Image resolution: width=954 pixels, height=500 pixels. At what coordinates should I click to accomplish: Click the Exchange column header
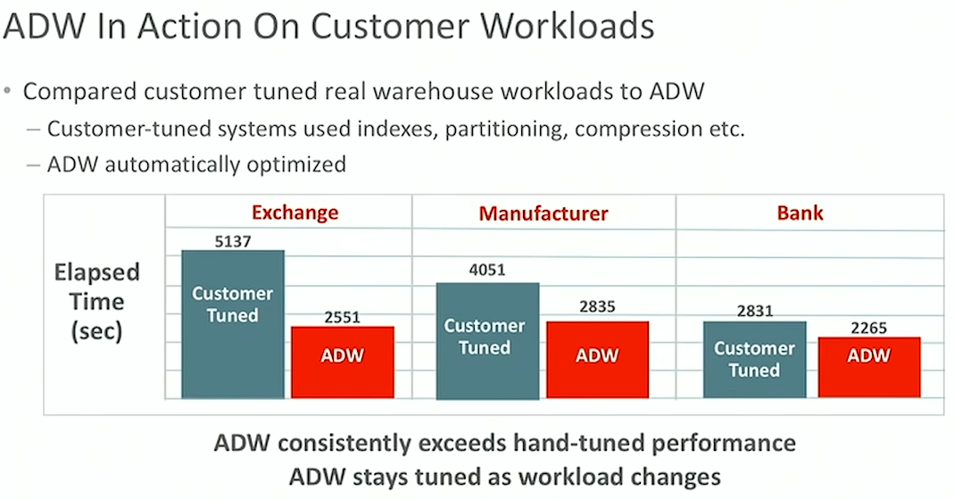click(x=295, y=212)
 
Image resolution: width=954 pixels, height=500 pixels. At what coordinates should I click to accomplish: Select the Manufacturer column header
click(x=543, y=213)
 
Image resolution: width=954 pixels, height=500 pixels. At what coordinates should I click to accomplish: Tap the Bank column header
click(x=801, y=212)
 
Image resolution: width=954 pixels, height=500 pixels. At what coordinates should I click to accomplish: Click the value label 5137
click(x=233, y=242)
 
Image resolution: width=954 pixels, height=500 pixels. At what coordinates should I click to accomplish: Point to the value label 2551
click(x=342, y=317)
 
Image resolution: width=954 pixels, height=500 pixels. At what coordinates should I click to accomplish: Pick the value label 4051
click(x=486, y=270)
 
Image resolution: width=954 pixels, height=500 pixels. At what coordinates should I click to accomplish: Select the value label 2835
click(x=597, y=306)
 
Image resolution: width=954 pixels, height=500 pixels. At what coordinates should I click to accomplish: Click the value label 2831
click(x=754, y=312)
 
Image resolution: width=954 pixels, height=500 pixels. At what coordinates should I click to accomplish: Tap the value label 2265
click(x=869, y=329)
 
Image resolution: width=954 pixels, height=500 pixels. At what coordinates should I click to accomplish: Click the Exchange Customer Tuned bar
click(x=233, y=325)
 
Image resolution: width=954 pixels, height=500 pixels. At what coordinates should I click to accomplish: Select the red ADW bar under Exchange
click(x=343, y=362)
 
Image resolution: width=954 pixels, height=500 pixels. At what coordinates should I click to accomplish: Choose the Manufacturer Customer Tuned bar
click(x=487, y=341)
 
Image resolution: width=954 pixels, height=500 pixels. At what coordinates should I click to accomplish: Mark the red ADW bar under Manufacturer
click(x=597, y=360)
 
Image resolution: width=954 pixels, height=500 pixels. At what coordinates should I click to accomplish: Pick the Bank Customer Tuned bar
click(x=754, y=360)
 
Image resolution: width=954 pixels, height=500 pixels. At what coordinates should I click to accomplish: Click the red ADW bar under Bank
click(x=869, y=367)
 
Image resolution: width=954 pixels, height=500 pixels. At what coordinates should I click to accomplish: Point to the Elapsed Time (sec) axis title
click(x=96, y=302)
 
